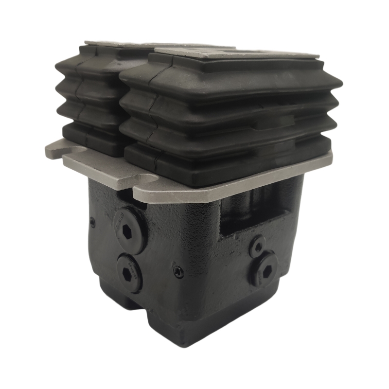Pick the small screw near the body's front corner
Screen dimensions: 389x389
tap(178, 272)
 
